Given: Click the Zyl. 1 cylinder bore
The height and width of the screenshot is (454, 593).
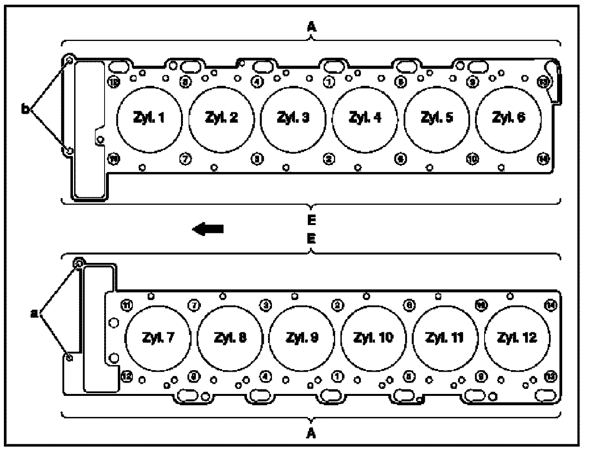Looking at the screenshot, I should click(149, 118).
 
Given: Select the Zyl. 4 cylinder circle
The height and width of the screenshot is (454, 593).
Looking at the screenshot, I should click(365, 118).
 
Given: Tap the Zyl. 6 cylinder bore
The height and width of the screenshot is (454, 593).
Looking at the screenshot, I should click(508, 118).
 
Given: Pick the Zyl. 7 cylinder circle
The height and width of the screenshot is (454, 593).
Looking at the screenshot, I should click(158, 338).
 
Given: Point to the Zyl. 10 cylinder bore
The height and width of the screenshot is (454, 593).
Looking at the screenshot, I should click(373, 338).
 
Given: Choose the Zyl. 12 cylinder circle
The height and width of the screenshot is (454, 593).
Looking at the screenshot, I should click(517, 338).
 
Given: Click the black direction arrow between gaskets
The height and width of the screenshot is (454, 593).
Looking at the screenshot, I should click(208, 229).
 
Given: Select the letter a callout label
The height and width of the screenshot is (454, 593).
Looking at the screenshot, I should click(34, 312).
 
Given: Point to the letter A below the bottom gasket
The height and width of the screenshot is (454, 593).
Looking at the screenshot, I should click(311, 433).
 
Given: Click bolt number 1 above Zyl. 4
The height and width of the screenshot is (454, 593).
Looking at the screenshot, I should click(329, 82).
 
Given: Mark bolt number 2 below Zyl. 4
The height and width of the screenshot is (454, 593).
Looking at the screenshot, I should click(329, 159).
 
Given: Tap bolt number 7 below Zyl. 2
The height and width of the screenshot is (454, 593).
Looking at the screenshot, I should click(185, 159).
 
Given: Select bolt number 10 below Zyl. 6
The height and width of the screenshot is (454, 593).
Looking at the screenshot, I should click(472, 159).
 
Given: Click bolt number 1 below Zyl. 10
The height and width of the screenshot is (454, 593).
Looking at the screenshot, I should click(337, 376).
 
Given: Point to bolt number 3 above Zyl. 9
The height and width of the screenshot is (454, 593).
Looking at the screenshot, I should click(266, 305).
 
